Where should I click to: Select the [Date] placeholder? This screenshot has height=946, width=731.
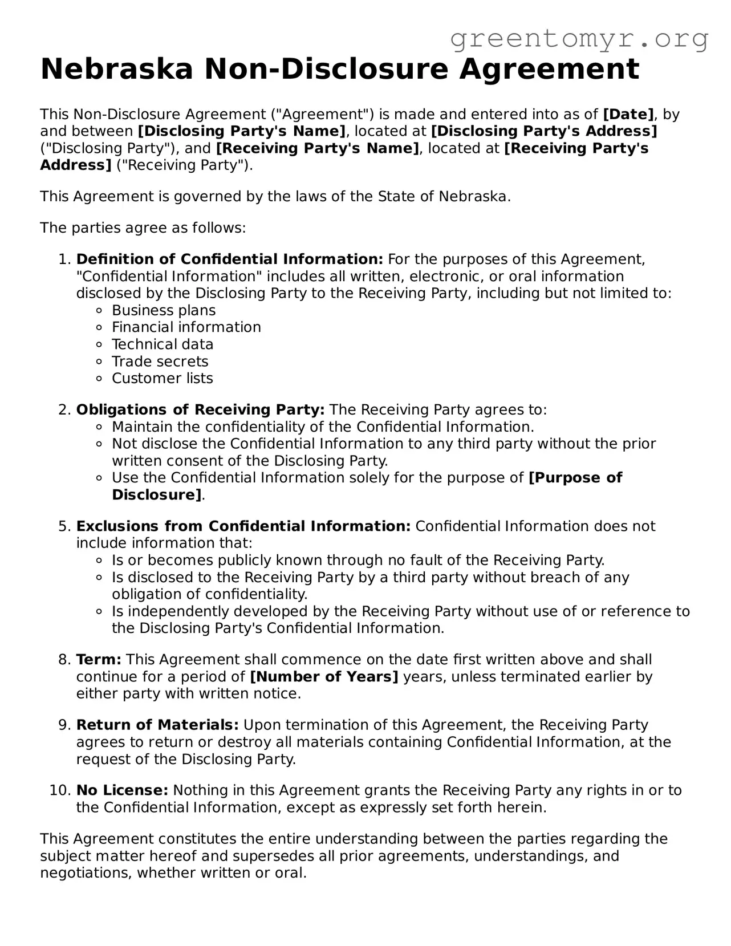(628, 114)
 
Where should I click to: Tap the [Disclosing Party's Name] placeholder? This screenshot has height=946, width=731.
(242, 131)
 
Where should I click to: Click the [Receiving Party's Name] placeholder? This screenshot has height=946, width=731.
(318, 148)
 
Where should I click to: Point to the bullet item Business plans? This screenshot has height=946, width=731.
(164, 310)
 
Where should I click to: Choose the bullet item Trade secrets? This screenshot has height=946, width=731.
(160, 362)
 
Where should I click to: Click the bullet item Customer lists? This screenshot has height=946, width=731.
(162, 378)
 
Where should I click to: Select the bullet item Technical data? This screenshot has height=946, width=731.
(163, 344)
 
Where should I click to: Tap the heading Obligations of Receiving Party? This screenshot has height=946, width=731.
(200, 410)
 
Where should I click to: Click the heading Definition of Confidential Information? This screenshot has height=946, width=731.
(229, 259)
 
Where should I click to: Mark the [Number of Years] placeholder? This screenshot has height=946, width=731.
(324, 677)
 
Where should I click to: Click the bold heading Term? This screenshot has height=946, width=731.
(99, 660)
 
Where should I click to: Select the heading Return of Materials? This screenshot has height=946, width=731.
(157, 725)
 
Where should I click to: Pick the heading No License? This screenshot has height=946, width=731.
(122, 790)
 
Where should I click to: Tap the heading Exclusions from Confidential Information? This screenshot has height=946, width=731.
(243, 526)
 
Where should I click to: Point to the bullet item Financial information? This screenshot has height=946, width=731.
(186, 327)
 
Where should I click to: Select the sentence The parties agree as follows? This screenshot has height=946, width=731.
(143, 228)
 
